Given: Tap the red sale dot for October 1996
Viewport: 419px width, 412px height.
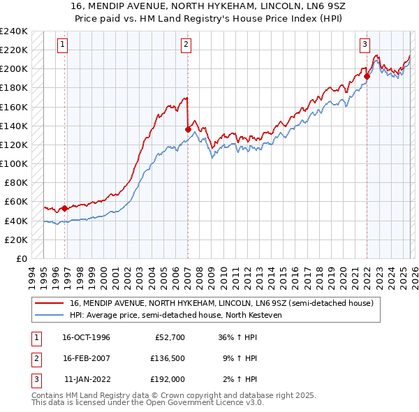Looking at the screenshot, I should [x=65, y=208].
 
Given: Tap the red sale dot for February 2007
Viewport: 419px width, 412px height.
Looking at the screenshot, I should [x=188, y=128].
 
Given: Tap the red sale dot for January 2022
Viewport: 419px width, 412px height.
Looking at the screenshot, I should [x=367, y=76].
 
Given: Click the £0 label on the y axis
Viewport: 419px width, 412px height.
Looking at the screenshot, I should [x=21, y=258].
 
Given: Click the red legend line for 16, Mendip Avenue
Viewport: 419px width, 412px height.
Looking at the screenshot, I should [x=50, y=303].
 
